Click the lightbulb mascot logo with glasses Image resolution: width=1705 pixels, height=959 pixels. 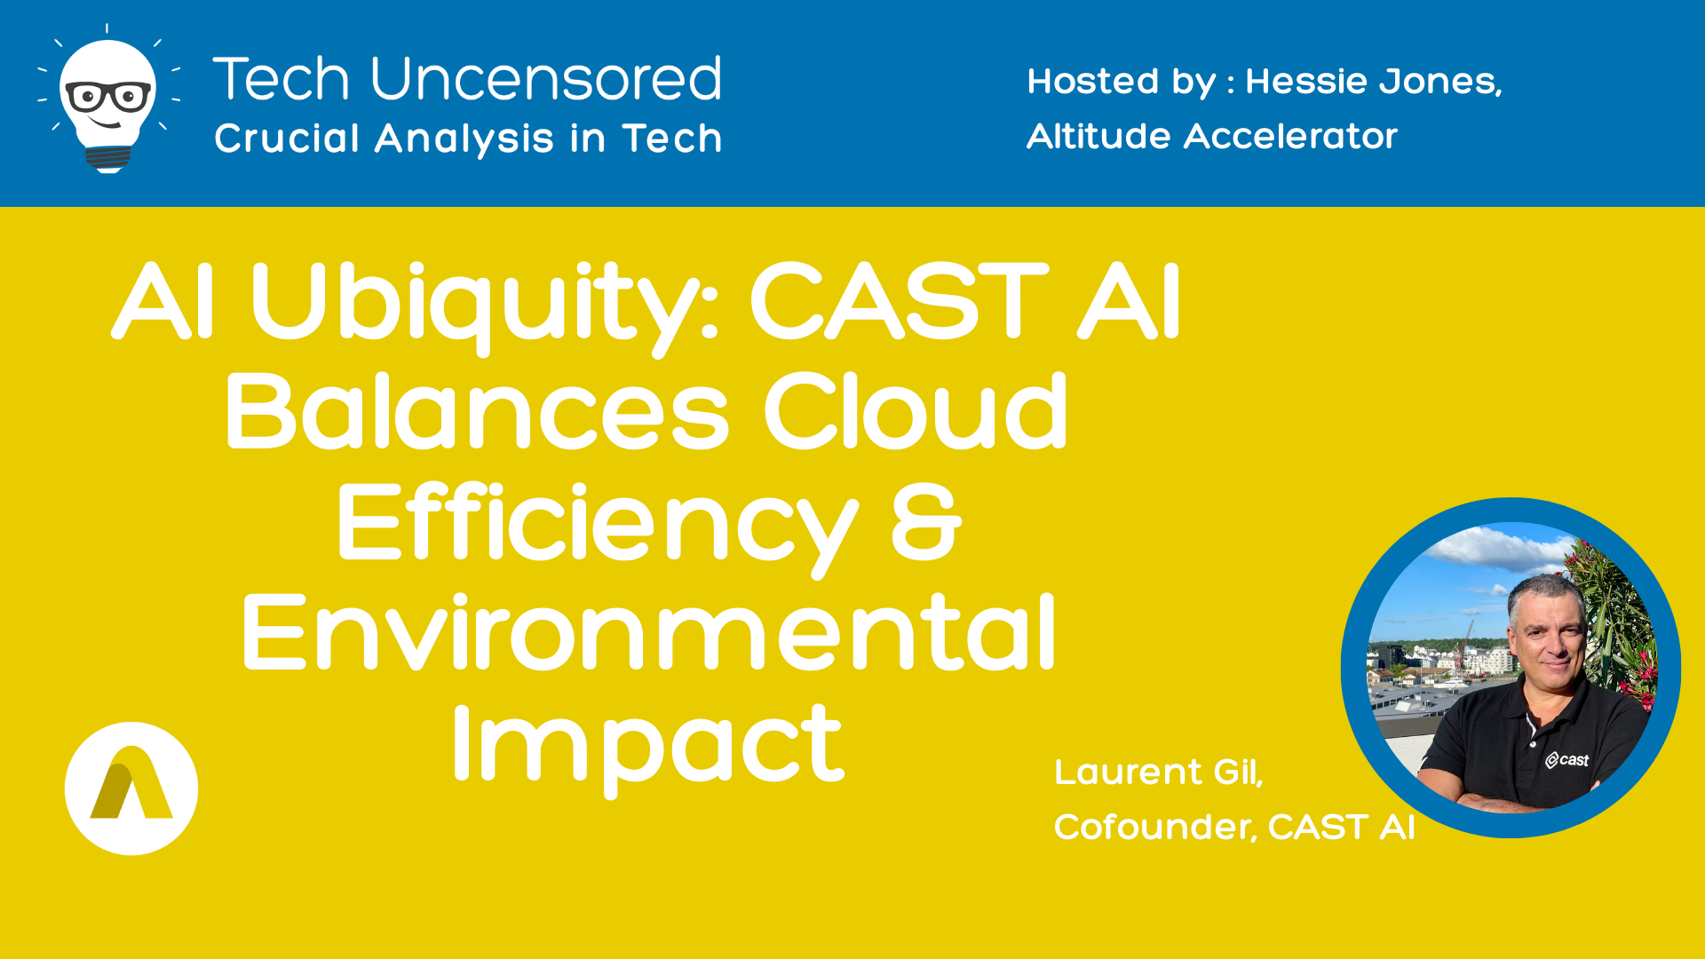pos(108,99)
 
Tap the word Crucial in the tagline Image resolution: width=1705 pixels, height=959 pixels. pos(287,138)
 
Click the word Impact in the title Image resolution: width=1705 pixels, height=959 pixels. pos(648,746)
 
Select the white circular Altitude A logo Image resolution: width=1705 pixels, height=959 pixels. pos(131,789)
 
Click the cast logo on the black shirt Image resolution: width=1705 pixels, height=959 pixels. pos(1567,759)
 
